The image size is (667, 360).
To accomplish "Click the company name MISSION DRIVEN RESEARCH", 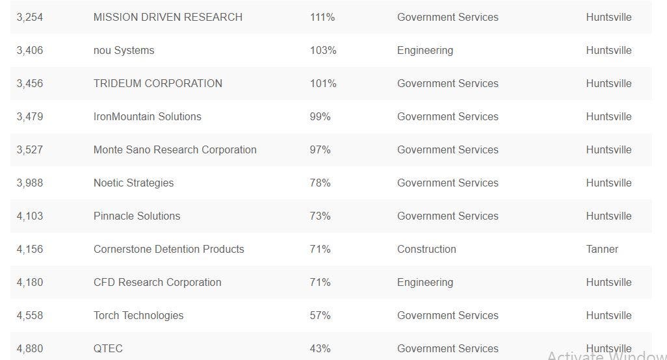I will click(x=168, y=18).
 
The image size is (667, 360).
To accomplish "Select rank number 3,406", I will click(x=30, y=51).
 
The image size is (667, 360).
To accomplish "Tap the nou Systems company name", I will click(x=124, y=51).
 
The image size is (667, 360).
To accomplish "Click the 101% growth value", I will click(x=323, y=84).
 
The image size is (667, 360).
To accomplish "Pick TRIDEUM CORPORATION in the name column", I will click(x=158, y=84).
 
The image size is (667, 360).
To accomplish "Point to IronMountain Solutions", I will click(x=148, y=117).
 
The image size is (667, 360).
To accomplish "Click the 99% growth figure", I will click(x=320, y=117).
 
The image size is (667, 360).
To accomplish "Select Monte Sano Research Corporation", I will click(x=175, y=150).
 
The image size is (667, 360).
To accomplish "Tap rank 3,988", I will click(x=30, y=183).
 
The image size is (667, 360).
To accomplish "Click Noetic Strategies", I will click(x=133, y=183).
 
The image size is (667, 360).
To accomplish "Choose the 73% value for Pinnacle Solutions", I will click(x=320, y=216).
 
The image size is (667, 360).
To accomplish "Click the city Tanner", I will click(x=602, y=250).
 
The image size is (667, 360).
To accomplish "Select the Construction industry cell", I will click(x=426, y=250).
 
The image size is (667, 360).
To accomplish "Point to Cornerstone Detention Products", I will click(x=169, y=250).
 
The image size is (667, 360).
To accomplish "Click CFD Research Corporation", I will click(x=157, y=283).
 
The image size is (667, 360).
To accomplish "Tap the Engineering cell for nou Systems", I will click(x=425, y=51).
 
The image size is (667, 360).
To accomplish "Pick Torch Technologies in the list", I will click(x=138, y=316).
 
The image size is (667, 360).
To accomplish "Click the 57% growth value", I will click(x=320, y=316).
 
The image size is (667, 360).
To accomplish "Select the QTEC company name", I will click(x=108, y=349).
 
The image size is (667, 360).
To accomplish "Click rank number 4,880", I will click(x=30, y=349).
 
